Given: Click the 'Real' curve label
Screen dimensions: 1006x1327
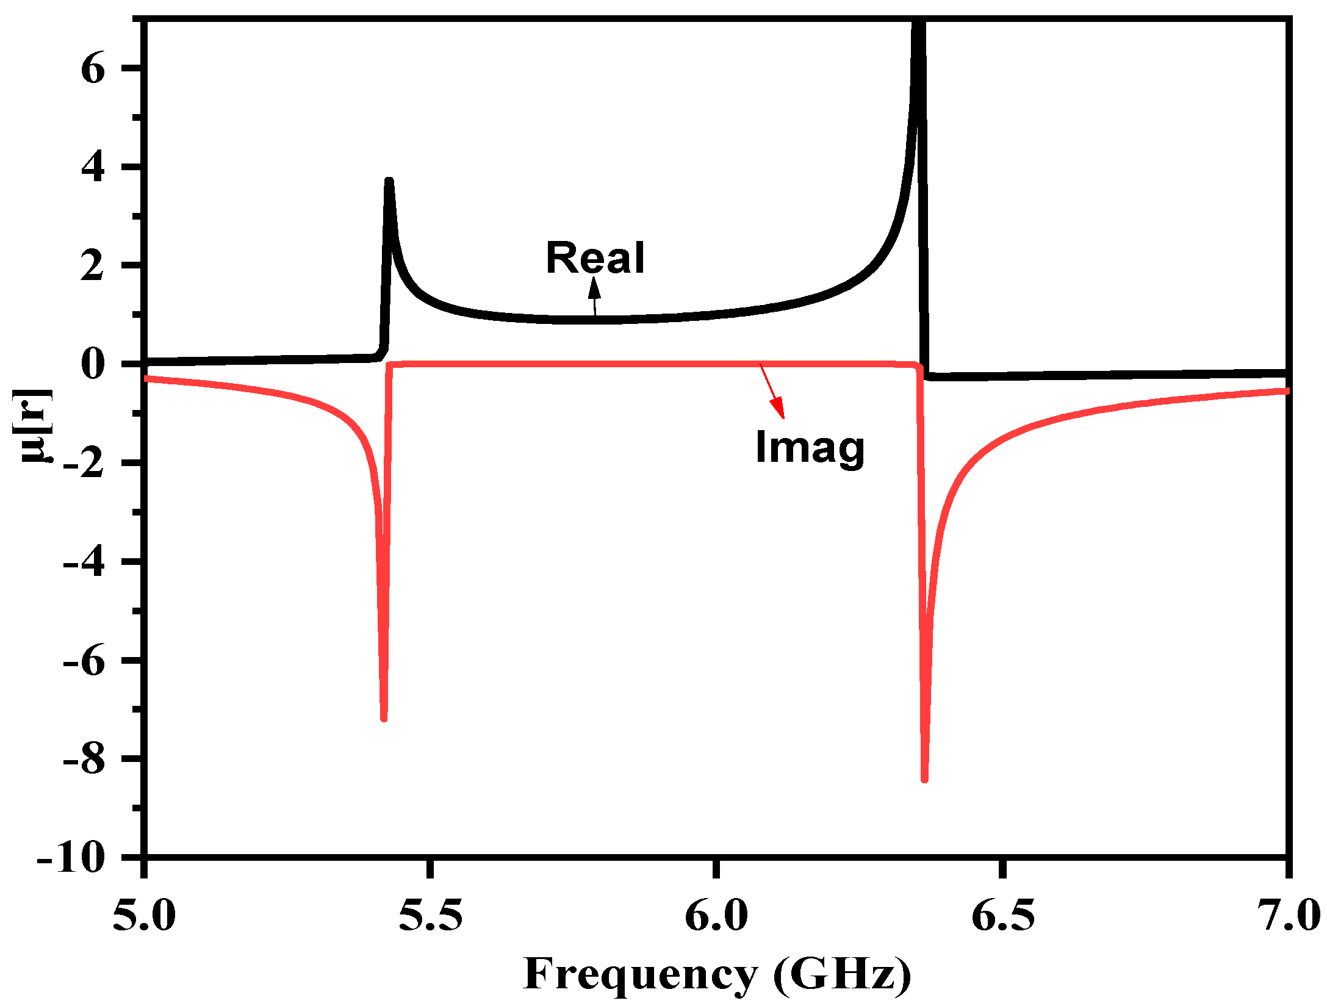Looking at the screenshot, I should point(595,257).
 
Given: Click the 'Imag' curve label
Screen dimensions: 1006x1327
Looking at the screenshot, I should point(810,448).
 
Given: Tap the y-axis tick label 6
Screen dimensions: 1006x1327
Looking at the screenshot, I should point(93,68).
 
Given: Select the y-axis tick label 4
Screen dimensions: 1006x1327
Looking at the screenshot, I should point(93,167).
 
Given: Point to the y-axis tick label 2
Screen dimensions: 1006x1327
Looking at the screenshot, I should point(93,265).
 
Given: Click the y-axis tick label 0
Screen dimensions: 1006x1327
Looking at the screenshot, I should point(93,364).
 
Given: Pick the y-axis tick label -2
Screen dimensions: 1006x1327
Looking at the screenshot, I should point(84,463).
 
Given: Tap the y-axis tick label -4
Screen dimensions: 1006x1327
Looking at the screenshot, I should point(84,562).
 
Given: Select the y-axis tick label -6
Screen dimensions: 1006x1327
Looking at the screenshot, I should point(84,661).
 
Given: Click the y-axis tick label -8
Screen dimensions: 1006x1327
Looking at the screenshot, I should point(84,760).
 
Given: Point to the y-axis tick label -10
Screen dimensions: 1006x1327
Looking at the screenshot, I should point(71,858).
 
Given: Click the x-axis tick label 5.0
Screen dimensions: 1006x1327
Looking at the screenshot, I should point(145,915).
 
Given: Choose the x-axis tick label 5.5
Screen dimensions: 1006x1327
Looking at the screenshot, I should point(431,915).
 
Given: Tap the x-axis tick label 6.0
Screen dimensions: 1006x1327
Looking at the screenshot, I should point(716,915).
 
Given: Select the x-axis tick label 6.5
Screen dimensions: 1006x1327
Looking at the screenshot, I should point(1002,915).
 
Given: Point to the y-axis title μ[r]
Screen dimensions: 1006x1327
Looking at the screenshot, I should point(34,425).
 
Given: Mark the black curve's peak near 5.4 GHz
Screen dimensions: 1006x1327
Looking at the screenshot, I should point(389,181).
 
